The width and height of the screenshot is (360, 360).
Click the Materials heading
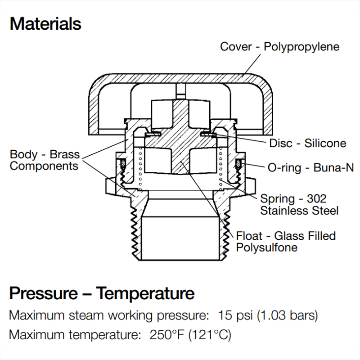pyautogui.click(x=45, y=24)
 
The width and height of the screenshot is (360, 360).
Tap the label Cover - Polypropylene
pyautogui.click(x=279, y=47)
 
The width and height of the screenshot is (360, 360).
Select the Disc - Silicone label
pyautogui.click(x=308, y=144)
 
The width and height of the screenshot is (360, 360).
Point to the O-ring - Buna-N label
pyautogui.click(x=310, y=168)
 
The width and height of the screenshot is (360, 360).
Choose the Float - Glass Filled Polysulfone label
pyautogui.click(x=286, y=242)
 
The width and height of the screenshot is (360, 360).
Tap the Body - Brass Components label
pyautogui.click(x=45, y=160)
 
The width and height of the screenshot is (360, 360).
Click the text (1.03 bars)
pyautogui.click(x=287, y=315)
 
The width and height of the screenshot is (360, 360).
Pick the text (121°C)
pyautogui.click(x=210, y=335)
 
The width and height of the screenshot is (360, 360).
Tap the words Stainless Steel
pyautogui.click(x=299, y=210)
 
